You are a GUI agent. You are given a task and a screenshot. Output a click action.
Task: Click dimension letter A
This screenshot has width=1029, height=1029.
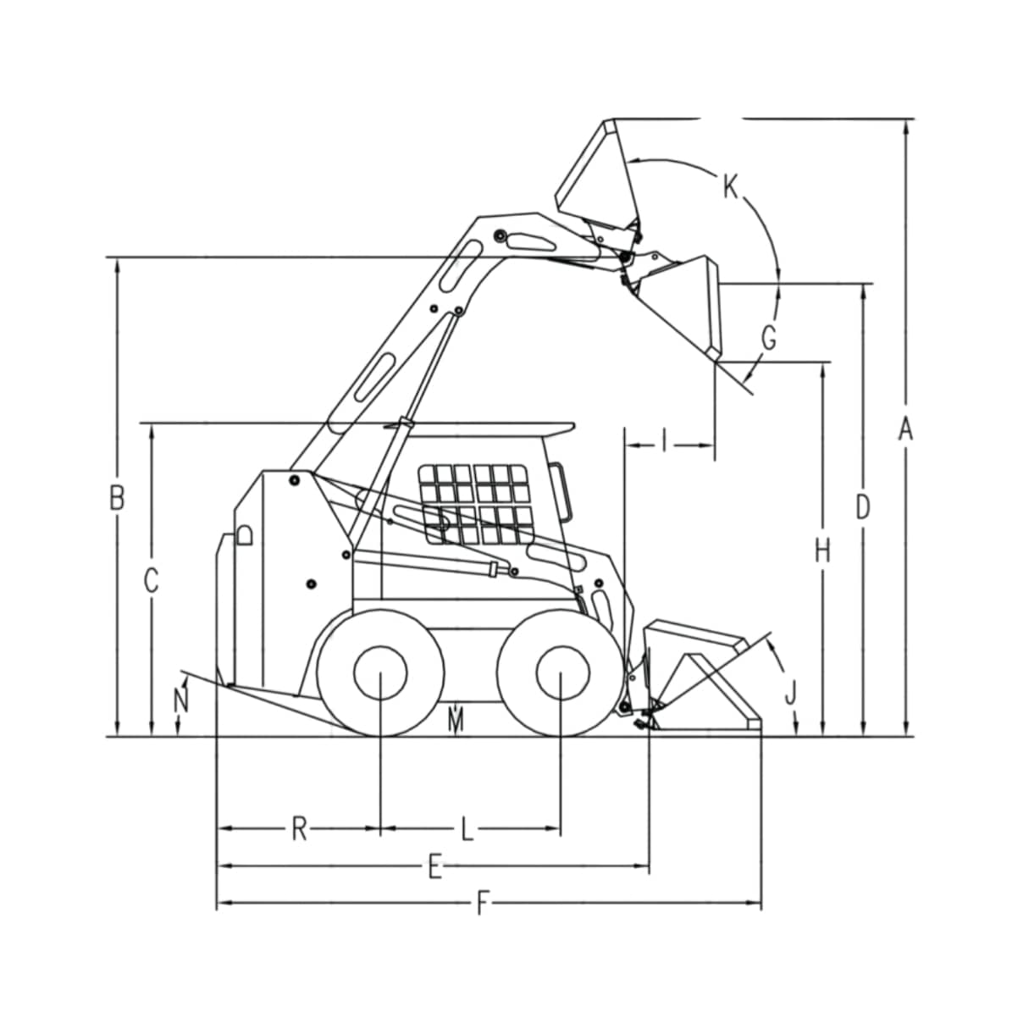[x=905, y=430]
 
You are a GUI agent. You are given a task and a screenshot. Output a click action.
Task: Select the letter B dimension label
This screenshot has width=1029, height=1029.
[x=117, y=497]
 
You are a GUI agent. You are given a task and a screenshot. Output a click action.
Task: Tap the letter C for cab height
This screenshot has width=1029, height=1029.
[x=151, y=580]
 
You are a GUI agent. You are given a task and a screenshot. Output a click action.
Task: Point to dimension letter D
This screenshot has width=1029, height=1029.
[x=863, y=507]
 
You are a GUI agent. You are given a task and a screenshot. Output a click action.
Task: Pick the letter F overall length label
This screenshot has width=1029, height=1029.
[x=482, y=918]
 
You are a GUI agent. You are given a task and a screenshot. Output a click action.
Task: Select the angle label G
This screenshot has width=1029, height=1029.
[x=769, y=337]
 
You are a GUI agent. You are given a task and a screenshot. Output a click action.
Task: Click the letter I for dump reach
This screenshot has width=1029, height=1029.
[x=664, y=441]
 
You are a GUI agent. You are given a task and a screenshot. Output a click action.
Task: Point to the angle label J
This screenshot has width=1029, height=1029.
[x=791, y=692]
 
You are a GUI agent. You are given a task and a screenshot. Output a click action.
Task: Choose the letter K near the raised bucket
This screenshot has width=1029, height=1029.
[x=731, y=187]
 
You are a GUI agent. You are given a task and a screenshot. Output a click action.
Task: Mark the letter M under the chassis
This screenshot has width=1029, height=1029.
[x=455, y=721]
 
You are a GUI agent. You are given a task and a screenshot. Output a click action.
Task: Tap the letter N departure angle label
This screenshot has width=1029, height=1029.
[x=181, y=700]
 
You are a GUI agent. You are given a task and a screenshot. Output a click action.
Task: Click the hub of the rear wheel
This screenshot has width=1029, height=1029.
[x=380, y=672]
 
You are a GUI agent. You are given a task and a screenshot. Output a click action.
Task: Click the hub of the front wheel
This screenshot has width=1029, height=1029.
[x=563, y=672]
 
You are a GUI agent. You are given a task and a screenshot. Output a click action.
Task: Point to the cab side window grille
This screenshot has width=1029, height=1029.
[x=476, y=505]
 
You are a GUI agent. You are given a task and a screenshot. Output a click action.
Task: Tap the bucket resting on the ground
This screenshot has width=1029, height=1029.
[x=701, y=675]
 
